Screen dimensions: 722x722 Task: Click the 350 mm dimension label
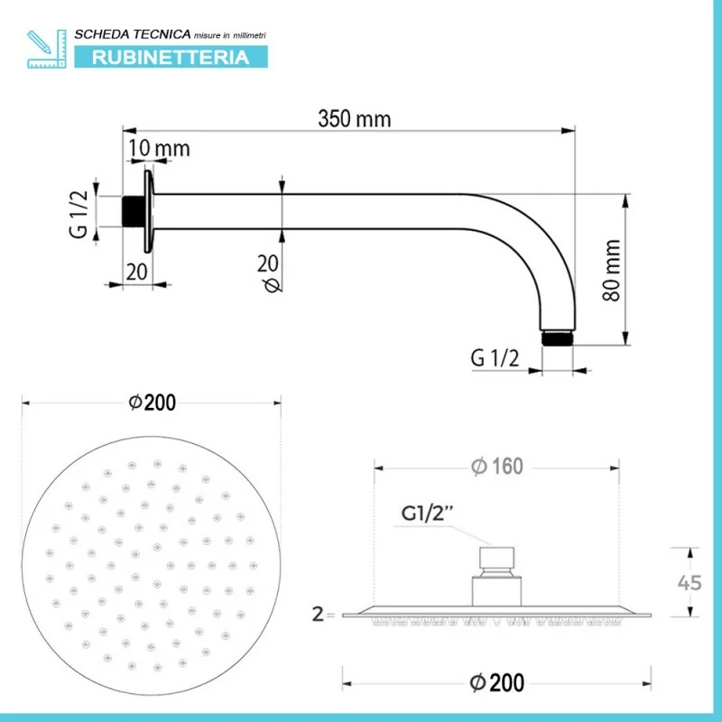click(354, 119)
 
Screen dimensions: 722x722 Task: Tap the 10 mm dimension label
click(159, 148)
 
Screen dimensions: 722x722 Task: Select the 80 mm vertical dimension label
click(612, 270)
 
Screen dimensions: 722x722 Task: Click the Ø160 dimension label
click(497, 467)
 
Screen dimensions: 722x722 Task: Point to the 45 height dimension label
click(690, 583)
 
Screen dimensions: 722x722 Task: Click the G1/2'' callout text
click(428, 513)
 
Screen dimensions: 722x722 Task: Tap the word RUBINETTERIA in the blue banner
click(171, 58)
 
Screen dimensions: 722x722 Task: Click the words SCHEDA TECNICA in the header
click(133, 34)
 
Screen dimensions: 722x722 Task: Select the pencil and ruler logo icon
click(47, 49)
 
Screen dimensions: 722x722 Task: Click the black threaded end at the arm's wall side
click(134, 211)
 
